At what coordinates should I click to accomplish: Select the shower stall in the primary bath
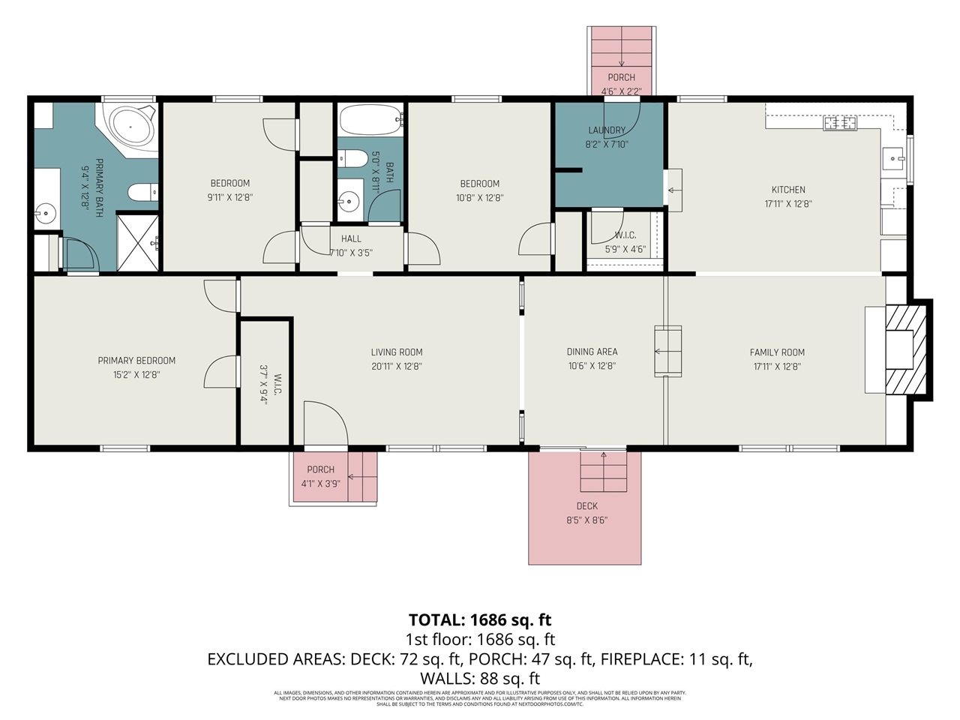click(138, 241)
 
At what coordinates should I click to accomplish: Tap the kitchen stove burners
click(840, 122)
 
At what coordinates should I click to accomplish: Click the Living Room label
click(397, 352)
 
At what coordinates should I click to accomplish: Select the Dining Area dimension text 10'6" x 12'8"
click(592, 367)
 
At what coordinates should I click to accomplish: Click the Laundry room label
click(607, 130)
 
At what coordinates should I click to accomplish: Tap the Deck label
click(587, 506)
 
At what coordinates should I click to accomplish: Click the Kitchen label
click(788, 190)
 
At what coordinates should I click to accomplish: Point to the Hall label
click(351, 239)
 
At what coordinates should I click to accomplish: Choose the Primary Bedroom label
click(136, 361)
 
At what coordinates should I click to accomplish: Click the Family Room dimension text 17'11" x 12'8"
click(777, 367)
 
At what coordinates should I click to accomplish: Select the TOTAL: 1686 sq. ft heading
click(480, 620)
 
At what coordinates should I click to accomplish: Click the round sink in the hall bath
click(347, 200)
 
